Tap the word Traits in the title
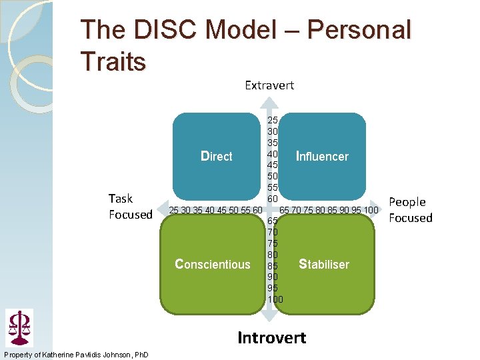click(113, 62)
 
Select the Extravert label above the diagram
click(269, 85)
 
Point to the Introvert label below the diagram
click(272, 338)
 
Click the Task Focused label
click(131, 207)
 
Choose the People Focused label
click(410, 210)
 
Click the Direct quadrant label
click(217, 157)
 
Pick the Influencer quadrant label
click(322, 157)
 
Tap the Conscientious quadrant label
click(212, 264)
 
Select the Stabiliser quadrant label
click(324, 264)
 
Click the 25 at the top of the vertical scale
click(273, 121)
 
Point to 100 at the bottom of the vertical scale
click(275, 299)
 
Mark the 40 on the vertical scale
click(273, 154)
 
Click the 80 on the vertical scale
click(273, 255)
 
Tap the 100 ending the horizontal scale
click(370, 211)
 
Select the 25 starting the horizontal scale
click(175, 211)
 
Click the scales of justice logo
click(19, 327)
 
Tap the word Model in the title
click(248, 31)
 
